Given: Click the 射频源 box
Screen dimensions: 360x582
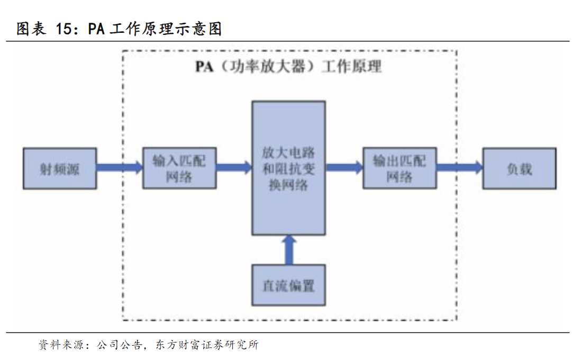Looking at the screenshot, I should [60, 168].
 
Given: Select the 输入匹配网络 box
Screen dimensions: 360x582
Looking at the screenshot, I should [179, 168].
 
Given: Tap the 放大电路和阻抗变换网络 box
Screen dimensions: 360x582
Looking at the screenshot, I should [288, 168].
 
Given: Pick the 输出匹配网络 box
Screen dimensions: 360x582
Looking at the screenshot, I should [399, 168].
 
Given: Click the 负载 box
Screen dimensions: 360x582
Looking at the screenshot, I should [519, 168].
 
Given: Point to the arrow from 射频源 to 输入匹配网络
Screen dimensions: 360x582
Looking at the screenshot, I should [120, 168].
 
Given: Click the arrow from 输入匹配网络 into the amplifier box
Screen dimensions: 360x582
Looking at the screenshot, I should [234, 168].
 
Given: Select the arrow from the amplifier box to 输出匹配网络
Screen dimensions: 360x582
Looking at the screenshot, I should [344, 168].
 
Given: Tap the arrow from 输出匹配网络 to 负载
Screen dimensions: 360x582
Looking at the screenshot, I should [459, 168].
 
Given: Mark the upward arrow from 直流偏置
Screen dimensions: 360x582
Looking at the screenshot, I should [288, 249].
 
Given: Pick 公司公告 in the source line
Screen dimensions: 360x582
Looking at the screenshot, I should [119, 346].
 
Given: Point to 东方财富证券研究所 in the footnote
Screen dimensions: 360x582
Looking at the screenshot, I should [207, 346].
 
